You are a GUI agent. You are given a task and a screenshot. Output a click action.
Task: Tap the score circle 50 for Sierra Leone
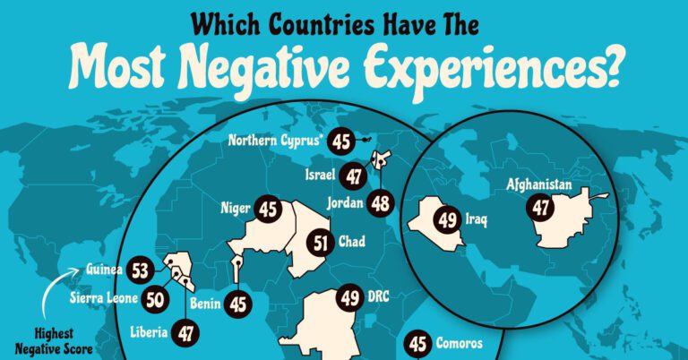(x=129, y=297)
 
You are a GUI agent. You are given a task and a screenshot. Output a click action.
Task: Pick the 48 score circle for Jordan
(x=381, y=203)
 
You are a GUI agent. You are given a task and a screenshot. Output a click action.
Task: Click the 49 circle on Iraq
(x=447, y=217)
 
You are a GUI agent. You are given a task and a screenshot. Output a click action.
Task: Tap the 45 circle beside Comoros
(x=417, y=342)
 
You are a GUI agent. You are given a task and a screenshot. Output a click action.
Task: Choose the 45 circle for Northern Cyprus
(x=340, y=140)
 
